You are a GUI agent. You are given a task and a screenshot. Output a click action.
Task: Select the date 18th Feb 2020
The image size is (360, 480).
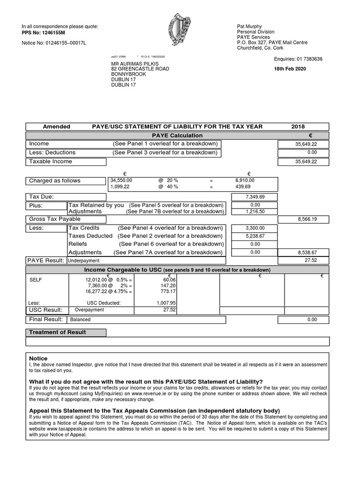290,69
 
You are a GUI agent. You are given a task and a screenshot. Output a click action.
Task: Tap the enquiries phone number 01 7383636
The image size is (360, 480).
309,59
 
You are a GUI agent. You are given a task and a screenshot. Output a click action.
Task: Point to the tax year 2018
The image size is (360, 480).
298,127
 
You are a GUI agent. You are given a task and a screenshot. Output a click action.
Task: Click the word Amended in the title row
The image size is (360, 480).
57,127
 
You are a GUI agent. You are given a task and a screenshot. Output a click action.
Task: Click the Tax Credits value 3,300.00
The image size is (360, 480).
255,228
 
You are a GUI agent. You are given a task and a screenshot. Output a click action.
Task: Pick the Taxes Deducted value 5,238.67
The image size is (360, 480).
255,236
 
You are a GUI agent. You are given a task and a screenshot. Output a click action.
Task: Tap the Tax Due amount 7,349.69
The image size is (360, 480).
255,197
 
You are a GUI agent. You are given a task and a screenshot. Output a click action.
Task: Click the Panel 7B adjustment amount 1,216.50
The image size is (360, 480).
255,212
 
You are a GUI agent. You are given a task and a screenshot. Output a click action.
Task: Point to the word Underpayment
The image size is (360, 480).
83,261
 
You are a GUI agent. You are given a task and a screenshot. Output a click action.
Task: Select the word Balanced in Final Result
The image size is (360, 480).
80,320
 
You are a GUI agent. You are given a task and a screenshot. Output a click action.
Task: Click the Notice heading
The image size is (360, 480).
38,358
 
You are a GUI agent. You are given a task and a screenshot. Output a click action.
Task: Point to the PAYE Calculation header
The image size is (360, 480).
177,135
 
